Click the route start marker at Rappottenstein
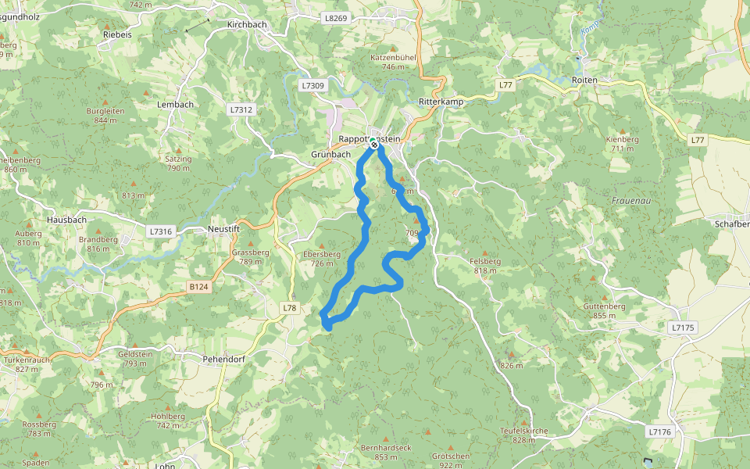[x=374, y=145]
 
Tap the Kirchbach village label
[x=247, y=24]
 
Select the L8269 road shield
[x=334, y=17]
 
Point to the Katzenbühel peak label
[x=393, y=57]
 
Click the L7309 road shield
[x=312, y=84]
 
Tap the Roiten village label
[x=584, y=81]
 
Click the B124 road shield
[x=199, y=287]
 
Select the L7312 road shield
[x=242, y=110]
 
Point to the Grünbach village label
[x=331, y=154]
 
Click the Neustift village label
[x=223, y=229]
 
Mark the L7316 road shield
[x=159, y=231]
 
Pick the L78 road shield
[x=290, y=308]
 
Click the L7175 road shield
[x=682, y=328]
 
